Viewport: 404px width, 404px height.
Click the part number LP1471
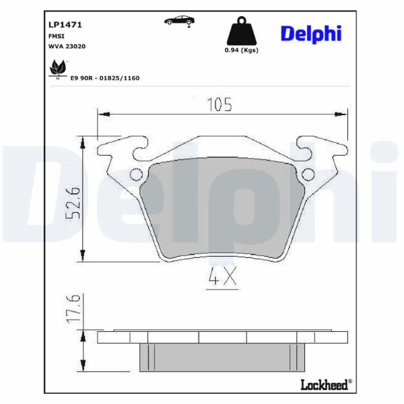click(65, 25)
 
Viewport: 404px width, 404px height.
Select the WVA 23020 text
click(67, 46)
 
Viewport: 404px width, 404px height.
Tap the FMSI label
click(57, 36)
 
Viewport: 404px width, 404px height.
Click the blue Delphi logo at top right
click(311, 34)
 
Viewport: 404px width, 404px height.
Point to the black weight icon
click(242, 31)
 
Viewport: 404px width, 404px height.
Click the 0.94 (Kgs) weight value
click(242, 50)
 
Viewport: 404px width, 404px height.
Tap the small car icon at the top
click(179, 21)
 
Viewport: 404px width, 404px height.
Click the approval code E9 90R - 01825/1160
click(105, 78)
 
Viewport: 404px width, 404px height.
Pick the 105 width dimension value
click(220, 104)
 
